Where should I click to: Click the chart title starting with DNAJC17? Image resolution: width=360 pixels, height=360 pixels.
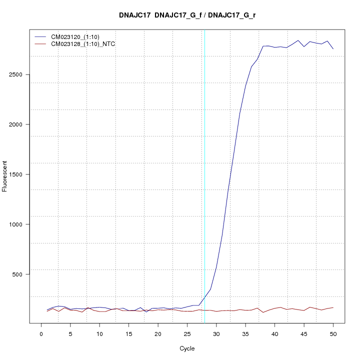pos(187,15)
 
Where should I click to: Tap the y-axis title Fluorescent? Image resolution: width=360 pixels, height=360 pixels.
pos(5,176)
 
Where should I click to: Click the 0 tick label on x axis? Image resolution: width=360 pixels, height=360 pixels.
pos(41,333)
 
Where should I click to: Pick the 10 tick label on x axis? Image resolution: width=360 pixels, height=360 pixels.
pos(99,333)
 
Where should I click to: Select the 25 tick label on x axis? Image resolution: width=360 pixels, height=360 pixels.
pos(187,333)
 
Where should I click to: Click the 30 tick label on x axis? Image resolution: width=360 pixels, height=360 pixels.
pos(216,333)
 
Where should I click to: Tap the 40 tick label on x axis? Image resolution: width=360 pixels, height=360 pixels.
pos(274,333)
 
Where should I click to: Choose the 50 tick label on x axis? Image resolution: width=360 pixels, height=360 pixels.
pos(333,333)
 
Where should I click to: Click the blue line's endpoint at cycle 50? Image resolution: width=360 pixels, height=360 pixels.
pos(333,48)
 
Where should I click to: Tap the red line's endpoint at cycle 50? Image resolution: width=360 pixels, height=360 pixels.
pos(333,307)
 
